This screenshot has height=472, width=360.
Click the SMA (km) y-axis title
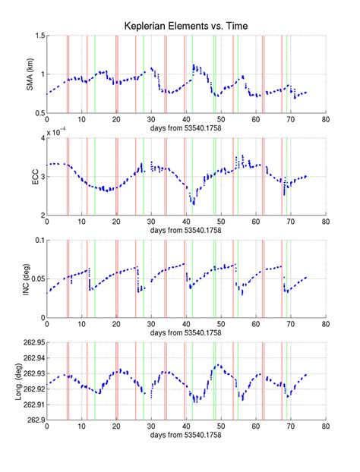tap(30, 74)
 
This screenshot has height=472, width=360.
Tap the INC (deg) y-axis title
tap(30, 279)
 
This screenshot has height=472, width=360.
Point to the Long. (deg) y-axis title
tap(30, 381)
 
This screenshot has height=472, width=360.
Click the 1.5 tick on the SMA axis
tap(38, 36)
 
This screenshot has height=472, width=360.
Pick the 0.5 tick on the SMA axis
tap(38, 113)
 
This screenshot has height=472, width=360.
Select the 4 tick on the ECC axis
tap(42, 138)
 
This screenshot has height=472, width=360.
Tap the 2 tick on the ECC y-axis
tap(42, 216)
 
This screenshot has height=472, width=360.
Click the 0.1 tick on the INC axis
tap(38, 241)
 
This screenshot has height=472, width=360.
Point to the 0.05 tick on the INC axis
tap(36, 279)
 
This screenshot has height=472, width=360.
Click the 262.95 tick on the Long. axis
tap(32, 343)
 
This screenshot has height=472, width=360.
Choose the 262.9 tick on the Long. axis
tap(34, 420)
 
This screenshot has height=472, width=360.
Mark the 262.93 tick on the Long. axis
tap(32, 373)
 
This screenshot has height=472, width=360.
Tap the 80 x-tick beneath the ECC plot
tap(325, 222)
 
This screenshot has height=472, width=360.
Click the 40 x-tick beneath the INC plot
tap(186, 325)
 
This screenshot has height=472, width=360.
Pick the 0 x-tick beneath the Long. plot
tap(47, 427)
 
